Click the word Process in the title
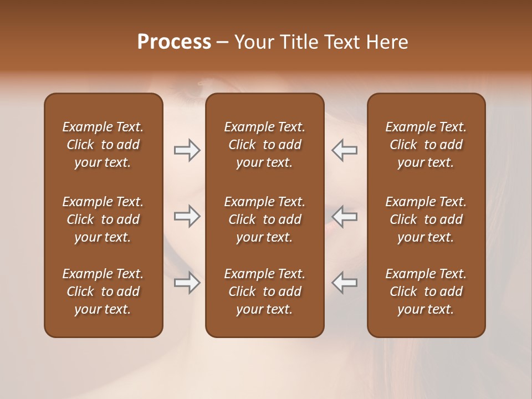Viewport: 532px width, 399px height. (x=174, y=42)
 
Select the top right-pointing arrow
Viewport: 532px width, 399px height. (x=187, y=150)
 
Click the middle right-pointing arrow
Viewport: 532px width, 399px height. (x=187, y=216)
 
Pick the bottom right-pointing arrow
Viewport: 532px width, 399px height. (x=187, y=283)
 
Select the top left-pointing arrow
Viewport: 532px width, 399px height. (x=345, y=150)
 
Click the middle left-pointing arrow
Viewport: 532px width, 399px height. (x=345, y=216)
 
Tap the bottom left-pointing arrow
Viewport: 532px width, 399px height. (x=345, y=283)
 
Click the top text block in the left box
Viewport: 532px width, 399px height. (x=103, y=145)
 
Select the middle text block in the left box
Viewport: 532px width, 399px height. (x=103, y=219)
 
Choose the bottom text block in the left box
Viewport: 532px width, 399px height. (x=103, y=291)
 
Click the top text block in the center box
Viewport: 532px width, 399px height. (x=264, y=145)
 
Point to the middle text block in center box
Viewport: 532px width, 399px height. (x=264, y=219)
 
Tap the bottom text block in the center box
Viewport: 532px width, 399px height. (x=264, y=291)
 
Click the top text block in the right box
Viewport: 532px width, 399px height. (x=426, y=145)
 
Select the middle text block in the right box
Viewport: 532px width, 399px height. (x=426, y=219)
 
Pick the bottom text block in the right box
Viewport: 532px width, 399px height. (x=426, y=291)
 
